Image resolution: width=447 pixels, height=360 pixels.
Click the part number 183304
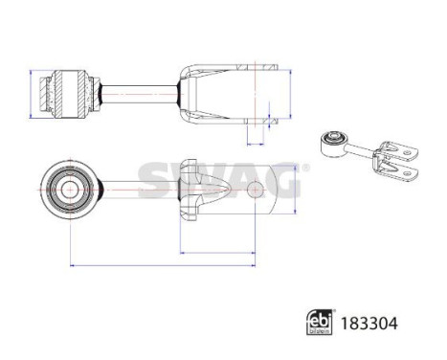pos(369,325)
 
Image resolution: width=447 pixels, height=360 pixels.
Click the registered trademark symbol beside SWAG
pos(305,167)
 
